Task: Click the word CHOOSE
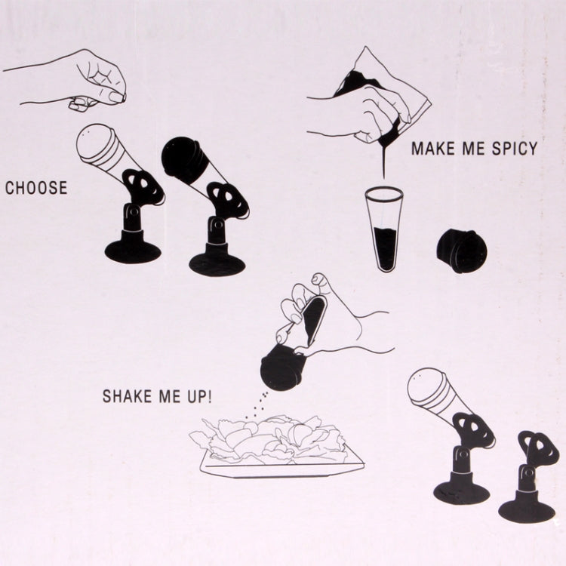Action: pos(36,188)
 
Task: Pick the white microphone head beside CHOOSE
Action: pos(97,143)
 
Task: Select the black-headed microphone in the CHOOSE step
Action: pos(183,158)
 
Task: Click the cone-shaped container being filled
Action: pos(384,226)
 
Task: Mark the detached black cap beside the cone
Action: pos(462,251)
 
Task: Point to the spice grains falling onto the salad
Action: pos(260,404)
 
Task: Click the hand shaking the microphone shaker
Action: pos(340,317)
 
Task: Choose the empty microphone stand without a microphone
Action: pos(531,483)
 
